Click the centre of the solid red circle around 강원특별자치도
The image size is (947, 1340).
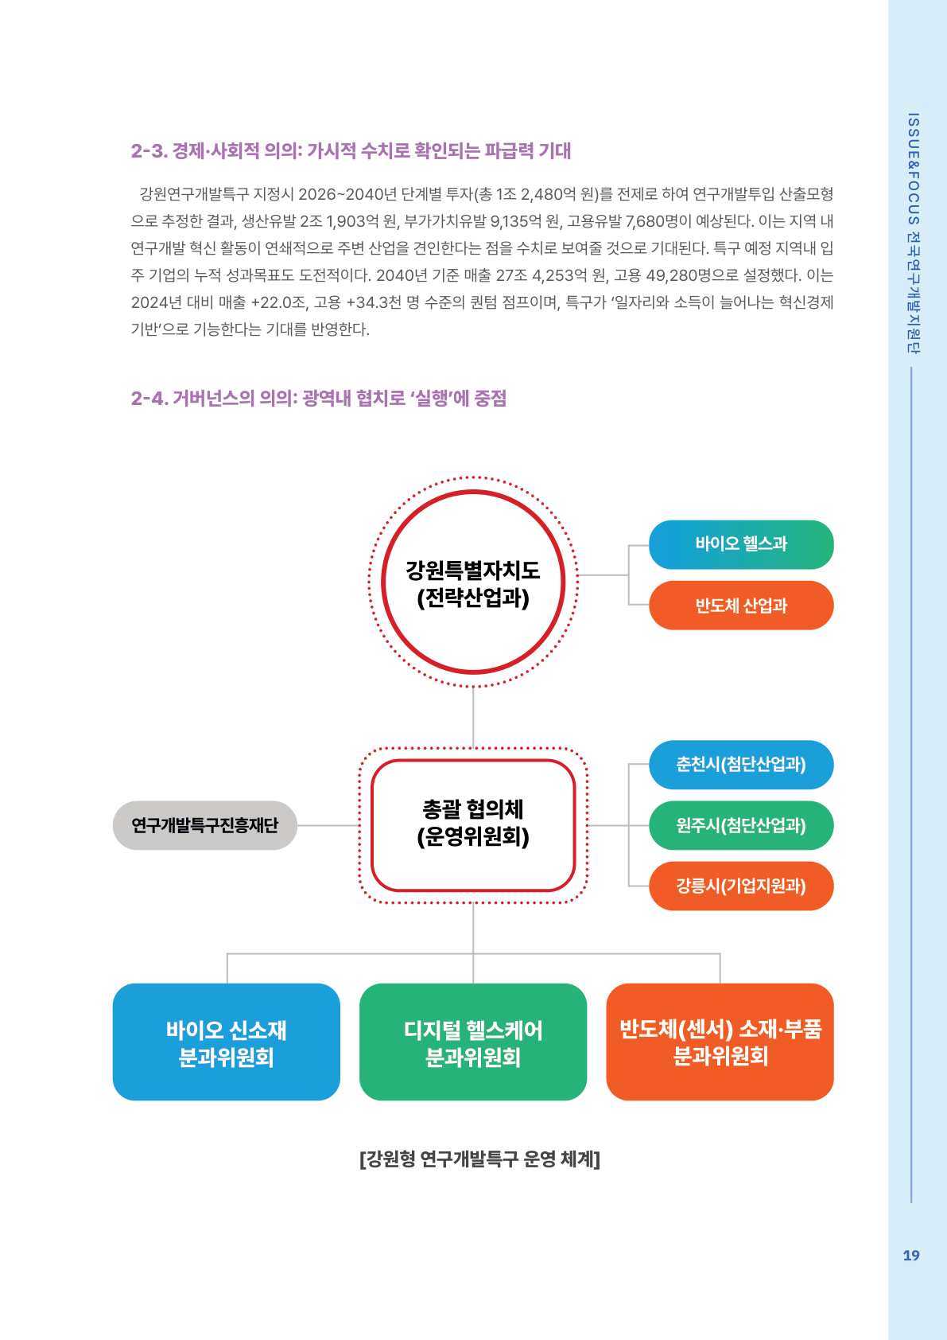(x=473, y=582)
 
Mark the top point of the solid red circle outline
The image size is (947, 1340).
(x=473, y=492)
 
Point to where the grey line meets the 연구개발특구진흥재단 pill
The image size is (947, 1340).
(x=297, y=825)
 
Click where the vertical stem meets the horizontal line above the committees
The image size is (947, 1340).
(x=473, y=953)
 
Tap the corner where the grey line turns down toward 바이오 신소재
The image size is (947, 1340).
(x=227, y=953)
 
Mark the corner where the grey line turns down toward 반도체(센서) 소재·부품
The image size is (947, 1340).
(x=720, y=953)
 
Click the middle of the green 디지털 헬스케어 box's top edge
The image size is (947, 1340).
(x=473, y=984)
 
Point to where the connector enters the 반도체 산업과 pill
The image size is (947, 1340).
(x=650, y=605)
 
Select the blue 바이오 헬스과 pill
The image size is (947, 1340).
(x=741, y=544)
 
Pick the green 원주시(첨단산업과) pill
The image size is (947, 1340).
(x=741, y=825)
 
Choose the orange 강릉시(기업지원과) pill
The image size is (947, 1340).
(x=741, y=886)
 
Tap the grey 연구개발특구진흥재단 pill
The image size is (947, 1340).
(x=205, y=825)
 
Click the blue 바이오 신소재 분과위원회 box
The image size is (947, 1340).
(x=227, y=1042)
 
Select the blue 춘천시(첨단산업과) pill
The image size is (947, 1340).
(x=741, y=765)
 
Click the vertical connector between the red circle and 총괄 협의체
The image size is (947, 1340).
(x=473, y=717)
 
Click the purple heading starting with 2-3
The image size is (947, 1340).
(x=351, y=150)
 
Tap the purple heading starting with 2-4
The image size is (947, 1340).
(x=319, y=399)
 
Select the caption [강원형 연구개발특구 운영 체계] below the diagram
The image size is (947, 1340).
(x=479, y=1159)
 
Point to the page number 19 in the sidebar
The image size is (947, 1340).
(x=911, y=1256)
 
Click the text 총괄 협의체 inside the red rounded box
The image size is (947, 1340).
(x=473, y=809)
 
